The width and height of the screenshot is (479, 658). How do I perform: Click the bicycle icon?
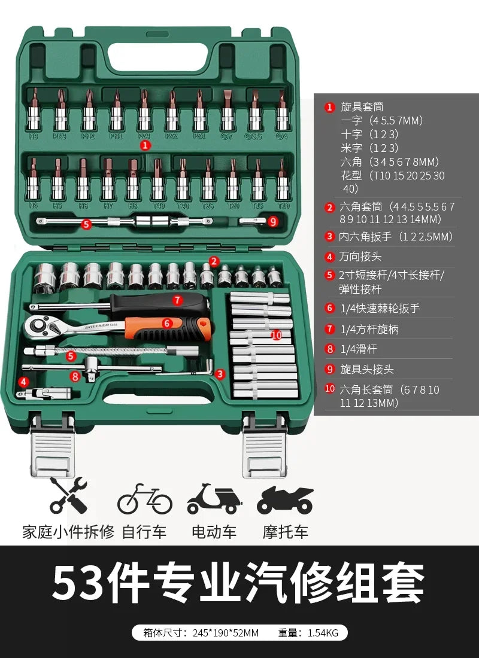click(144, 500)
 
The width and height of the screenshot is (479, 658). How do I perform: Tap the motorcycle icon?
click(285, 500)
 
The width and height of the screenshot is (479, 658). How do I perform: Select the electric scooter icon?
click(214, 500)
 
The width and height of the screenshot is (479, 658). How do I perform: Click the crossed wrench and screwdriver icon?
click(68, 496)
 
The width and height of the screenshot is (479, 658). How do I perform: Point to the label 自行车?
click(144, 531)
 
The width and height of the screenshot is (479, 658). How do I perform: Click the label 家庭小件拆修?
click(68, 531)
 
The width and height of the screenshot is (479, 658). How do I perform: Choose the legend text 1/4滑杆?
click(359, 349)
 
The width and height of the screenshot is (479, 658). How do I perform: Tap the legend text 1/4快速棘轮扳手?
click(380, 308)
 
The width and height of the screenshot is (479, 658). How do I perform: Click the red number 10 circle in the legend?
click(330, 389)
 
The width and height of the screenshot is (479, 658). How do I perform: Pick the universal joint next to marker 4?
click(45, 393)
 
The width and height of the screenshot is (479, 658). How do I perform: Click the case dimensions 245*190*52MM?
click(227, 633)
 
